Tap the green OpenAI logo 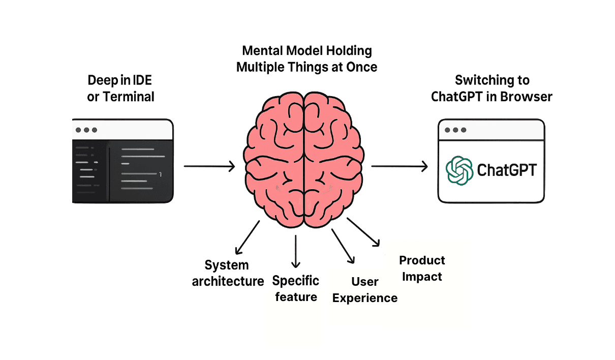(459, 170)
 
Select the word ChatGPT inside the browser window (507, 170)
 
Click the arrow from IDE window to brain (209, 166)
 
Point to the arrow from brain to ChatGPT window (399, 166)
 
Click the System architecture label (227, 273)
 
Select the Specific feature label (296, 288)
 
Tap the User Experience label (364, 290)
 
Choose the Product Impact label (421, 268)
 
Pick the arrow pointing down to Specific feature (296, 251)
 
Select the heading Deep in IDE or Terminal (121, 88)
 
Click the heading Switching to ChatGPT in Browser (491, 88)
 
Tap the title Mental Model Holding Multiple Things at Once (306, 58)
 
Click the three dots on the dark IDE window (86, 130)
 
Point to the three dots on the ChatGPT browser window (455, 130)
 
